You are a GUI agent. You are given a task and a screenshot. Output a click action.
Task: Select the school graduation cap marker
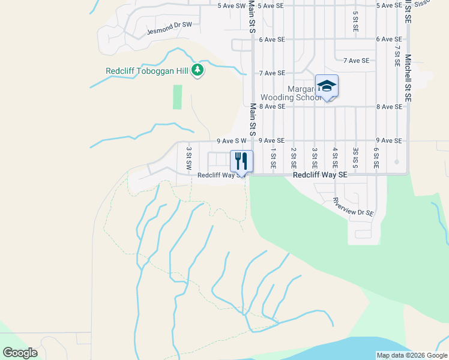(327, 86)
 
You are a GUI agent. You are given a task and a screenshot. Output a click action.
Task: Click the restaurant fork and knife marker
(241, 161)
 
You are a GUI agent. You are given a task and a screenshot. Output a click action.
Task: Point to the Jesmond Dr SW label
(169, 25)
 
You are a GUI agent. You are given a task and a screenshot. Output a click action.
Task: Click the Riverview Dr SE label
(354, 208)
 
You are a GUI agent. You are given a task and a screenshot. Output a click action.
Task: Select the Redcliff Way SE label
(320, 175)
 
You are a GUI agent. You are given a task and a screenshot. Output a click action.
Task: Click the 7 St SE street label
(397, 55)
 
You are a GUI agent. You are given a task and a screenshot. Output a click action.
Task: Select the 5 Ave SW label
(232, 5)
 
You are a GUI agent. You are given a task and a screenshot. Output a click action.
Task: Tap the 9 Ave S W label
(232, 140)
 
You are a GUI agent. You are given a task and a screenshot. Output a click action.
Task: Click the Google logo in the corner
(20, 353)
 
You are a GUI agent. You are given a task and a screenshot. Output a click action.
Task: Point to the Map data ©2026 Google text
(412, 355)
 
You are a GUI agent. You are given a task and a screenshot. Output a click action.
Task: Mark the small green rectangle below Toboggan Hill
(177, 97)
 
